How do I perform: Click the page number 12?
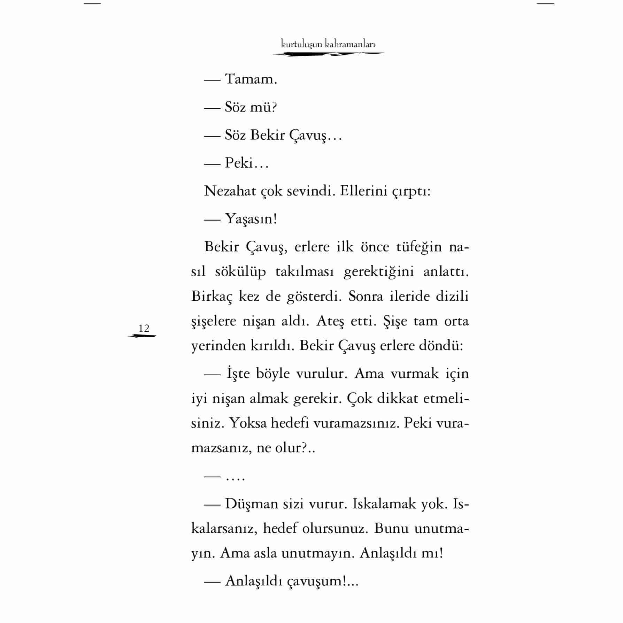click(x=144, y=328)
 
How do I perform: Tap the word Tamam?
click(x=251, y=79)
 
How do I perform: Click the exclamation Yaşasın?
click(x=251, y=219)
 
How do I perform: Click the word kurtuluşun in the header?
click(x=301, y=44)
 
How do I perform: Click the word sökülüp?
click(x=240, y=272)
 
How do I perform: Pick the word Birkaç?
click(x=211, y=297)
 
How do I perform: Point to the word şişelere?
click(x=214, y=321)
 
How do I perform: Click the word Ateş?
click(x=330, y=321)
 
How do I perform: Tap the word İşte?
click(x=238, y=374)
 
